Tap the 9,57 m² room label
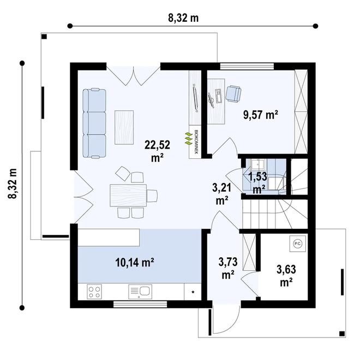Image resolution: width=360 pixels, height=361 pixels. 261,115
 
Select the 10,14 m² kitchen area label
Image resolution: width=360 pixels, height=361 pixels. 135,263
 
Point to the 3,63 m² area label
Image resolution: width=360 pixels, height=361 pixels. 286,276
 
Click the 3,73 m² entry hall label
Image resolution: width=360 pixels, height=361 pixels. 228,268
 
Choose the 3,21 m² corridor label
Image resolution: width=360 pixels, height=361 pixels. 222,194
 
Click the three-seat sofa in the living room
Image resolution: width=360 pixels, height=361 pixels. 94,123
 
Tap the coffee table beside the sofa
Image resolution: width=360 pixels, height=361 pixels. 124,127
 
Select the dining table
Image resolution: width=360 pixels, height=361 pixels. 128,195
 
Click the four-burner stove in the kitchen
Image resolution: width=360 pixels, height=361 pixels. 94,292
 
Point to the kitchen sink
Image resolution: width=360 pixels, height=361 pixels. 140,292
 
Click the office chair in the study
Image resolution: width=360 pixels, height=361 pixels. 233,93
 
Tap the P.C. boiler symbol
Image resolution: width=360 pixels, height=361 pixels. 297,244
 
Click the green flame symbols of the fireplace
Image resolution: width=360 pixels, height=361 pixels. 189,139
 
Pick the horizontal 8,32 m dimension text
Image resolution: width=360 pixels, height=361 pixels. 183,18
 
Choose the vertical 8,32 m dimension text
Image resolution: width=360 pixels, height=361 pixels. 13,184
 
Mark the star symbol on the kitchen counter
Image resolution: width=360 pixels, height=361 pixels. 193,292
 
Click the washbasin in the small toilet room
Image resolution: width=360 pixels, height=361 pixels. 258,165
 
